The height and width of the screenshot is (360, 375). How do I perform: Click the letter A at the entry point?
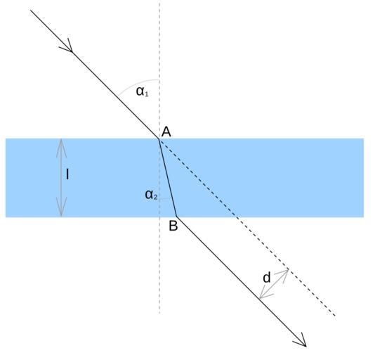166,131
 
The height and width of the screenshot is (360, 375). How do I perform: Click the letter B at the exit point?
173,226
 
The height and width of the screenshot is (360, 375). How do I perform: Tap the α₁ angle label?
143,91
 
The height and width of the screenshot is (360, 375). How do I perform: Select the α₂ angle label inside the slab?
151,195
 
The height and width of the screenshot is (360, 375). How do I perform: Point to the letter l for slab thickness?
67,174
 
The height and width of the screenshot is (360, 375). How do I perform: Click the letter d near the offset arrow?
267,277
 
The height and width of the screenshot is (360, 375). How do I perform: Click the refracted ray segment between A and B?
168,178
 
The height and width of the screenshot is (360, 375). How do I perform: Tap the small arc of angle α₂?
165,198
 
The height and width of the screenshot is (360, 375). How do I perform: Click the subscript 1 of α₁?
146,94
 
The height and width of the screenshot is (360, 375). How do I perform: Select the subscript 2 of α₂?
155,198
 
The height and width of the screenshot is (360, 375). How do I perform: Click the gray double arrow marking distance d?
274,284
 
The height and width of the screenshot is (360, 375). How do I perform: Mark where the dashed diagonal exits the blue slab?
237,217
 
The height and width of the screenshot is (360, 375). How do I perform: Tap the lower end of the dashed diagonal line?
335,316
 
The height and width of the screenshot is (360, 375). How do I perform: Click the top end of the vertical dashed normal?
159,1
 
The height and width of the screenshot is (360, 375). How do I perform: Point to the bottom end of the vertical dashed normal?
159,314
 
